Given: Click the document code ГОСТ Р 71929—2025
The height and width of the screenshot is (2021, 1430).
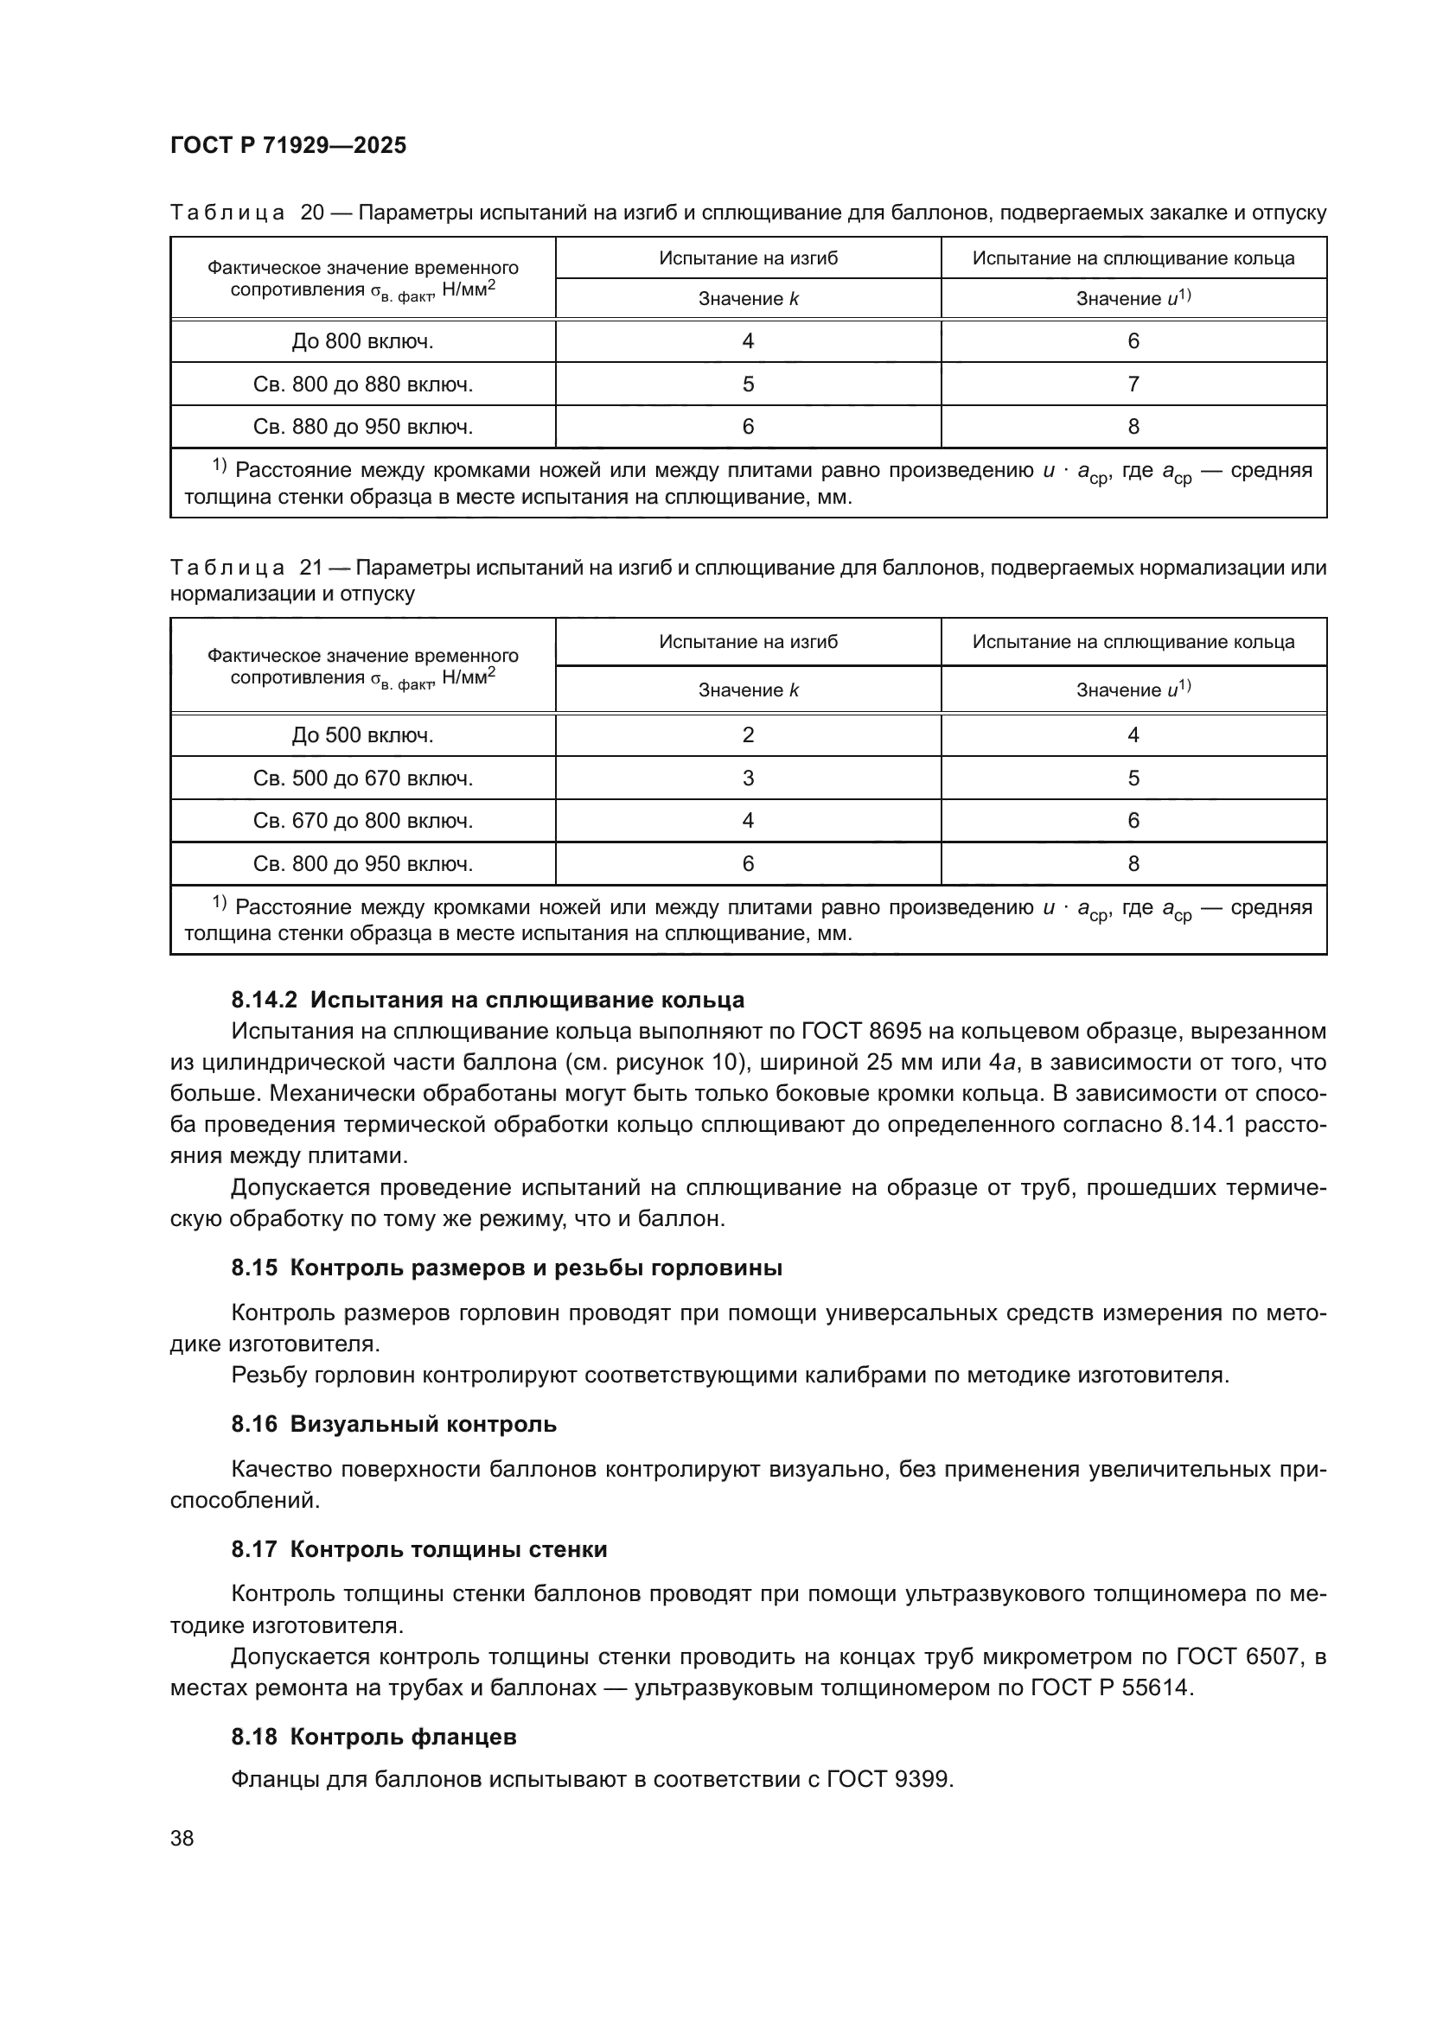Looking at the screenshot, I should click(288, 145).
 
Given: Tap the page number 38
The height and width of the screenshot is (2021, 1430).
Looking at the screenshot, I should click(182, 1838).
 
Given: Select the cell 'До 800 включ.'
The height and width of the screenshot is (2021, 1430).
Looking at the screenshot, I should click(363, 341).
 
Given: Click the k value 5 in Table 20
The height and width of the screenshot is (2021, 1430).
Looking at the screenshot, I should click(748, 384).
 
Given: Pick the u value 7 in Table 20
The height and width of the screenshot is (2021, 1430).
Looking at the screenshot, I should click(1133, 384).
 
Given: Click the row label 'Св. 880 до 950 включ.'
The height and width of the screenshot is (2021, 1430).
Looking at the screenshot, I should click(363, 427).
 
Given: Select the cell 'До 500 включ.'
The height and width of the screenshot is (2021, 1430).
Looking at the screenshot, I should click(363, 735).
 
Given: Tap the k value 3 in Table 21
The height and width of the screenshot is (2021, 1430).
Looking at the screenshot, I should click(748, 779).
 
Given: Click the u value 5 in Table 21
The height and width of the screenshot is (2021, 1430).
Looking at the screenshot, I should click(1133, 779).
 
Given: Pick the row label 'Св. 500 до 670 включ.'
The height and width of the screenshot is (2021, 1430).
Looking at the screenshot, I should click(363, 779).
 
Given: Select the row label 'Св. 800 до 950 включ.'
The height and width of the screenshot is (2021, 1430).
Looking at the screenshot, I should click(363, 863).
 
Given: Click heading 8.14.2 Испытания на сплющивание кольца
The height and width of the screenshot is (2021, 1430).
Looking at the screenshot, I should click(488, 1000).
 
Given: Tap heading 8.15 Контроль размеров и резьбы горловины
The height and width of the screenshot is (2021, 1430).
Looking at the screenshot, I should click(507, 1268).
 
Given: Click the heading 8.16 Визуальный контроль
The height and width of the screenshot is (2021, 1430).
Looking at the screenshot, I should click(393, 1423).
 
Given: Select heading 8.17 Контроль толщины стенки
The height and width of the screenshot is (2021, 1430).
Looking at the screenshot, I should click(419, 1549).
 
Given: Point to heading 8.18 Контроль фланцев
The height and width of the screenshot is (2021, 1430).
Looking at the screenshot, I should click(373, 1737).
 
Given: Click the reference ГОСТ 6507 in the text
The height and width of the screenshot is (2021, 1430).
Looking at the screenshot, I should click(1237, 1656).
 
